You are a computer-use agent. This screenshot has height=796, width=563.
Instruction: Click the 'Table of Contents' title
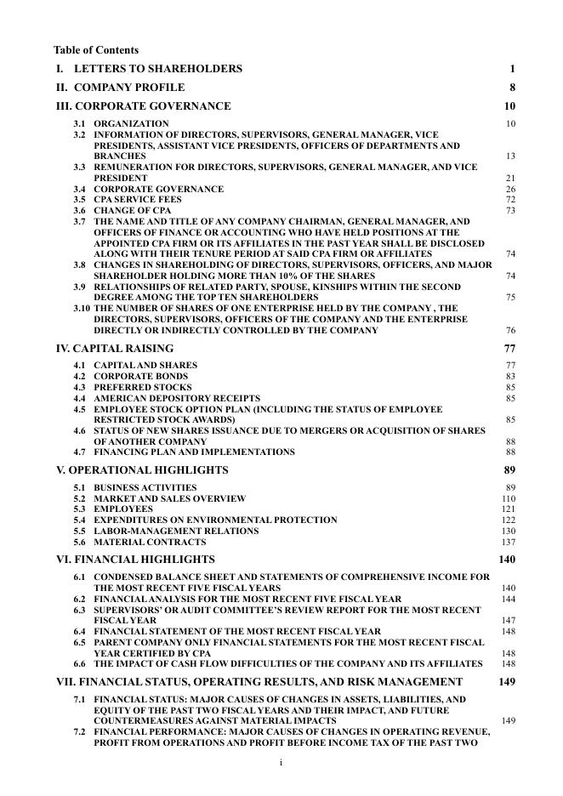(96, 50)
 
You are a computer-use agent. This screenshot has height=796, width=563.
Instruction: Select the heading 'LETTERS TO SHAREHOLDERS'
(157, 69)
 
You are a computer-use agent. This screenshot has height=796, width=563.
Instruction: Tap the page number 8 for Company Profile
(512, 88)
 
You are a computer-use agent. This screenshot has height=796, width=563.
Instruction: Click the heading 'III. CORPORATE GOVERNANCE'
(143, 106)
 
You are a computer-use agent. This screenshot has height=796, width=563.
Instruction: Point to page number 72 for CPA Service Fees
(510, 200)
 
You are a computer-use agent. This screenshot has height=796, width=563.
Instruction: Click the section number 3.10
(82, 309)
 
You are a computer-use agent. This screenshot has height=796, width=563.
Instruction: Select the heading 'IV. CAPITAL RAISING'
(114, 348)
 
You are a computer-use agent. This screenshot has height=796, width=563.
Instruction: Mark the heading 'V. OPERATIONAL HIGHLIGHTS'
(141, 469)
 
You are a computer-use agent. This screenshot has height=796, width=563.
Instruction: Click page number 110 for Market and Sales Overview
(509, 498)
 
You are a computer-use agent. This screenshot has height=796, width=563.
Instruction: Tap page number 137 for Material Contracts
(509, 542)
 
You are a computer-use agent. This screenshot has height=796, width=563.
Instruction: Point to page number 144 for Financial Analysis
(509, 599)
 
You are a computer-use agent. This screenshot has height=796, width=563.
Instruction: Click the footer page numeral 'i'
(281, 763)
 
